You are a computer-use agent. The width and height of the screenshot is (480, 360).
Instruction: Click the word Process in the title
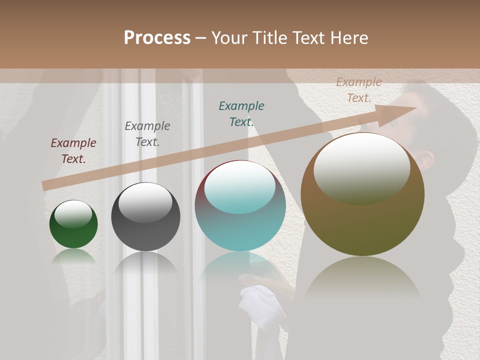point(157,38)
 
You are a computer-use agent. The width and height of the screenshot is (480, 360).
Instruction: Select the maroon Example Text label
point(73,151)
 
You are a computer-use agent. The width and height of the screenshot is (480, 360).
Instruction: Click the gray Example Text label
point(147,134)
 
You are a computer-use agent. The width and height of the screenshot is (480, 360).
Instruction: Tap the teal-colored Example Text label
point(241,114)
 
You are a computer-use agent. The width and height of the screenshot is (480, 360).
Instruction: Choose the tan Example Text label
point(359,90)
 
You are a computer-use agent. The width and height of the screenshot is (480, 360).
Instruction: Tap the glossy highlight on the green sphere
point(73,214)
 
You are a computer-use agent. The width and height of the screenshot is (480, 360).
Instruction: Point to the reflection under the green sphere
point(73,256)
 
